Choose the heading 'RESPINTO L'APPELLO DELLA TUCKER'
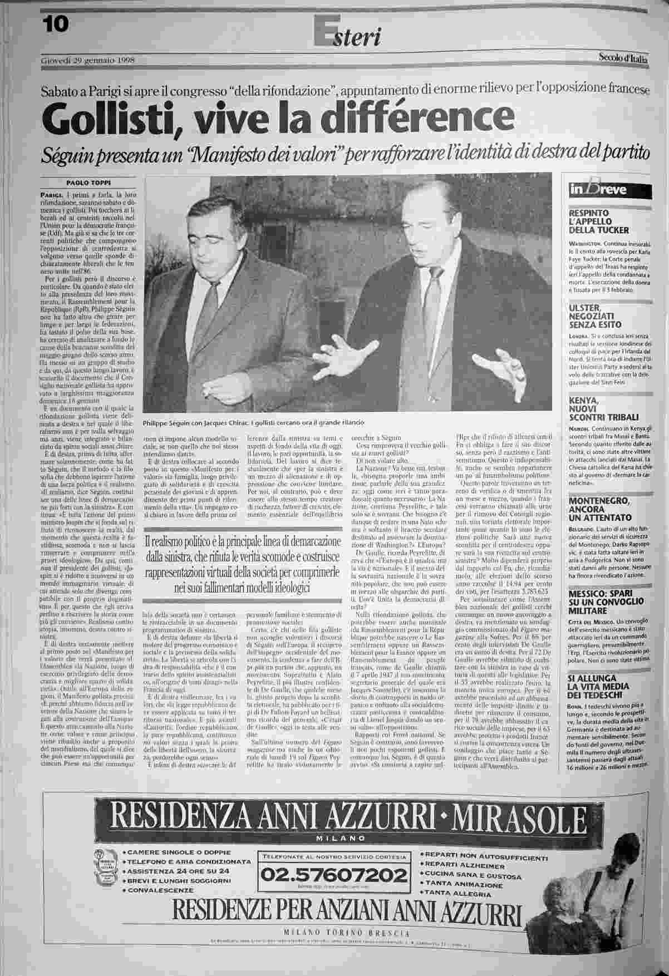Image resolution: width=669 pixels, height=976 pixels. [598, 221]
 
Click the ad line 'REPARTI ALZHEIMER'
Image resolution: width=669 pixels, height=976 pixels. [465, 865]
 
